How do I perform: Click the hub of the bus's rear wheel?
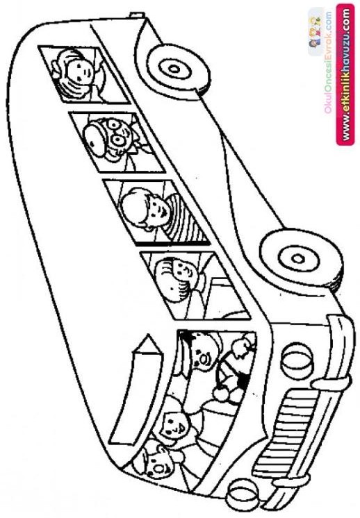click(174, 69)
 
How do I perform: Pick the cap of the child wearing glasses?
click(96, 136)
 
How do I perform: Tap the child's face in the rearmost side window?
click(79, 72)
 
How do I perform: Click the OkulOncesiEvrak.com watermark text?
click(328, 62)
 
